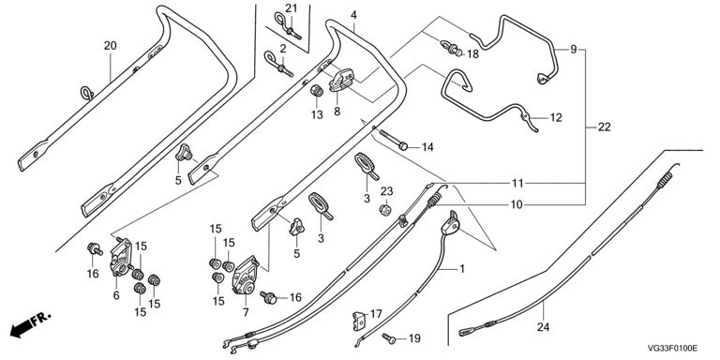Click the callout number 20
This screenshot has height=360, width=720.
[111, 45]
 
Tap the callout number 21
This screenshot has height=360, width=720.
[292, 7]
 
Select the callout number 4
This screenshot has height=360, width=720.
[353, 15]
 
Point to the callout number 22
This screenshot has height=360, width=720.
[605, 127]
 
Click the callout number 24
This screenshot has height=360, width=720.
[543, 327]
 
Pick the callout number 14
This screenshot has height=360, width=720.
[427, 147]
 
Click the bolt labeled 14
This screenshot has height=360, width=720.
[394, 140]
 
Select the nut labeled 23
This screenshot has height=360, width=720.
[384, 211]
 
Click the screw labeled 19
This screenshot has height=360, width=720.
[388, 338]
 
